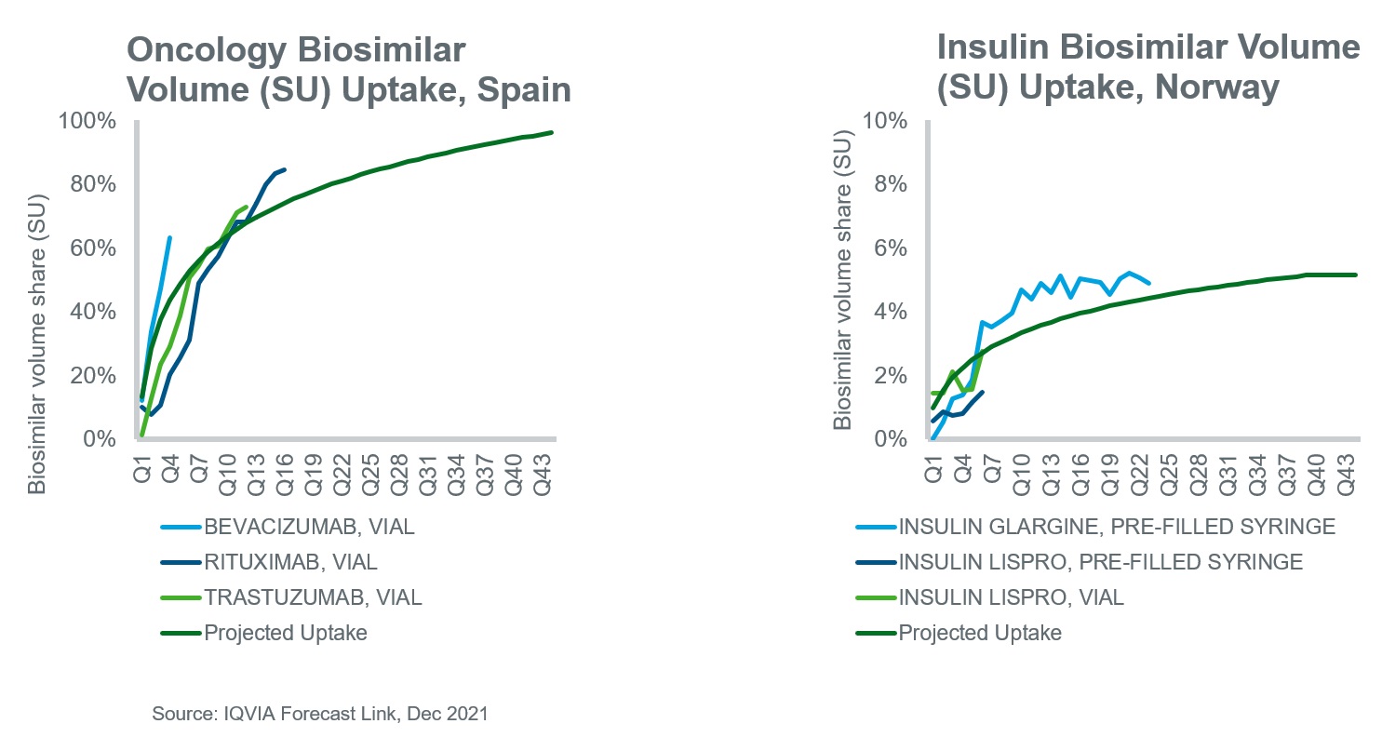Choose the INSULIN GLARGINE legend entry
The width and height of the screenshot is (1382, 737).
click(1116, 527)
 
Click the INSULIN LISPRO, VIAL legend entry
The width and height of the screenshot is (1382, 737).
click(1010, 597)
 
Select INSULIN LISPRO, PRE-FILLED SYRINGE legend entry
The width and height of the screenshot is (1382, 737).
click(1099, 562)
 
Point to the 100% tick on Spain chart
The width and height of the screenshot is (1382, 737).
click(89, 122)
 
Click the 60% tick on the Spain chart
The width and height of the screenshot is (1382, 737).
click(94, 248)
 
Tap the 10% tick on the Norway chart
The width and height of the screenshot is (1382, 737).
click(886, 122)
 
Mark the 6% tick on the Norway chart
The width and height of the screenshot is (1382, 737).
click(891, 248)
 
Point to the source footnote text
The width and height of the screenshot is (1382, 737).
click(320, 714)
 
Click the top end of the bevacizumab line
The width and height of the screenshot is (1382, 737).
click(169, 238)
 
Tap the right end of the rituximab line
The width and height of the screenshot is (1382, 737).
click(284, 169)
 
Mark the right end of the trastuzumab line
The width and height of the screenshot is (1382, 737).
click(246, 207)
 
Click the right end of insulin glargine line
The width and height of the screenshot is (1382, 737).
click(1149, 283)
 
